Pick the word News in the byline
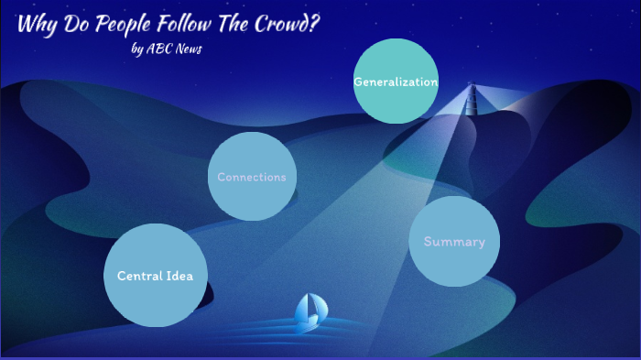pos(187,49)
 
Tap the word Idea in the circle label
pos(190,276)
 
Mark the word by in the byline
pos(137,50)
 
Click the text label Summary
pos(454,242)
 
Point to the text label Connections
pos(252,177)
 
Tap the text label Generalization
pos(396,82)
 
